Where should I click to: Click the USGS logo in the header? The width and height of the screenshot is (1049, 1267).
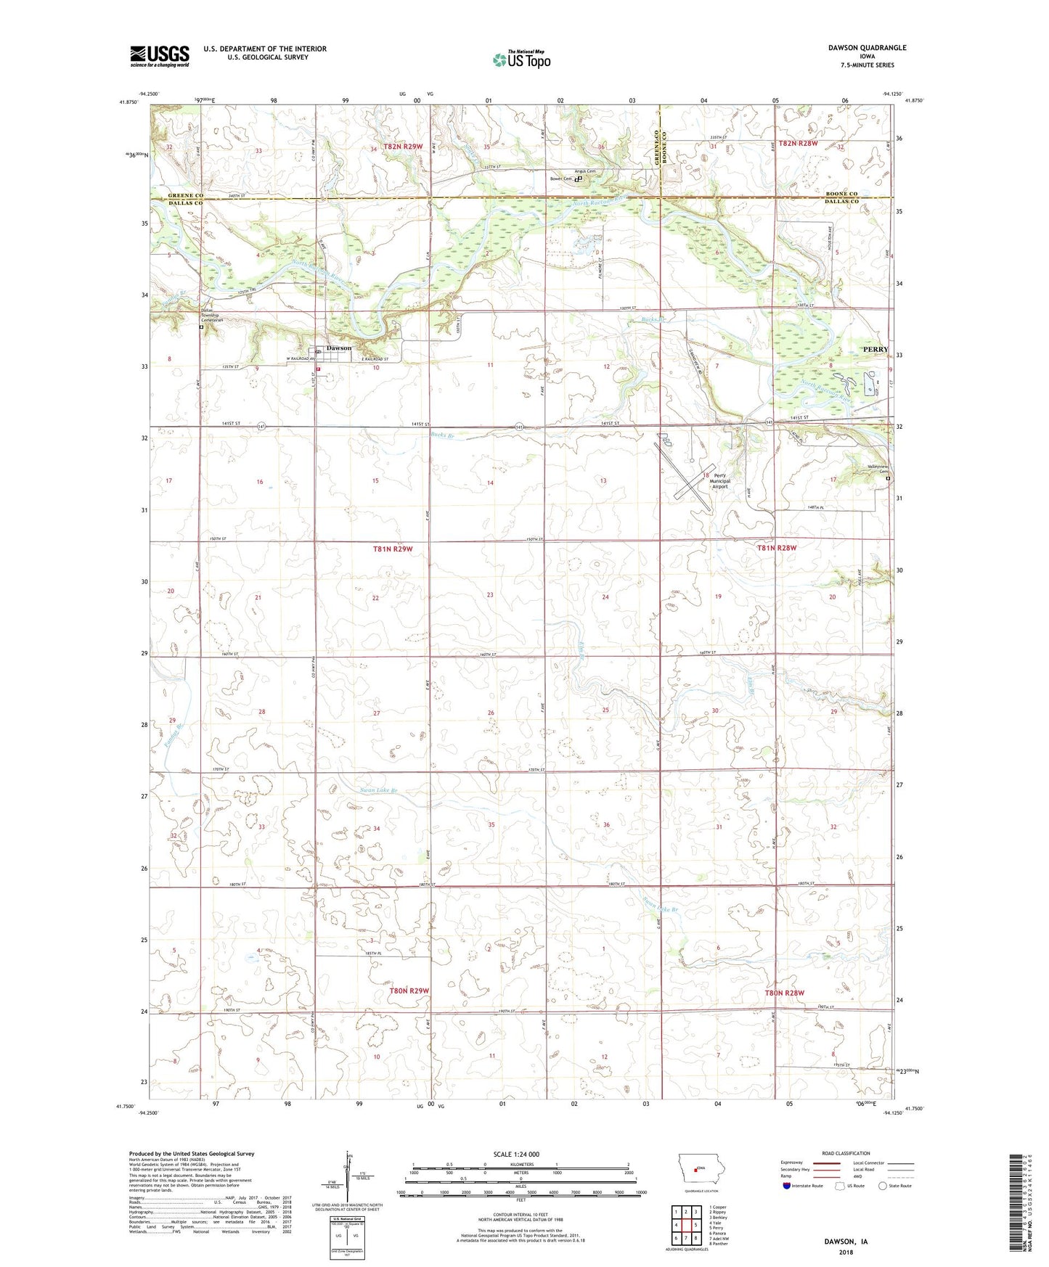coord(160,55)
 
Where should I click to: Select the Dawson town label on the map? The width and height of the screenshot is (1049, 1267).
coord(338,348)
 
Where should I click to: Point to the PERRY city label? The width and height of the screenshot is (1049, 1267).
coord(875,350)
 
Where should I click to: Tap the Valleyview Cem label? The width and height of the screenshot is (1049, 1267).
coord(878,470)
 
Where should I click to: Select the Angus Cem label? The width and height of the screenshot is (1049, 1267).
coord(585,171)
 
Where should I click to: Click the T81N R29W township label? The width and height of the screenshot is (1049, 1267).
coord(393,549)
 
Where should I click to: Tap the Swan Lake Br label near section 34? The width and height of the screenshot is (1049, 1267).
coord(380,790)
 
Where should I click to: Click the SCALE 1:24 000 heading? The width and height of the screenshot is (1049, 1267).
coord(516,1154)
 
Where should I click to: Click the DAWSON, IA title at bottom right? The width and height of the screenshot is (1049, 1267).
coord(846,1242)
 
